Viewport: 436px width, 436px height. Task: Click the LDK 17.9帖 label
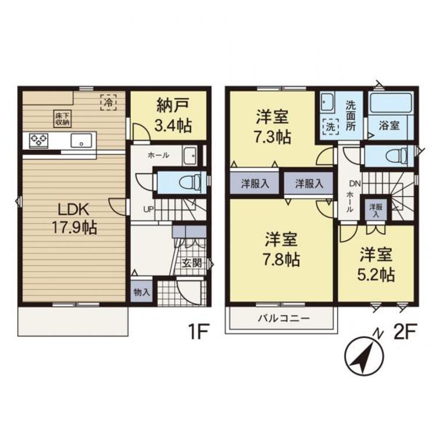(74, 219)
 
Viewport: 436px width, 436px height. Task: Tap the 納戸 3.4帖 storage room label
(173, 115)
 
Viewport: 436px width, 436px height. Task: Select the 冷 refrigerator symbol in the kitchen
(108, 102)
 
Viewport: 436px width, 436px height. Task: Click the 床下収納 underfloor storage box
(63, 119)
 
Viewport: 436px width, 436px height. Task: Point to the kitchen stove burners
(39, 141)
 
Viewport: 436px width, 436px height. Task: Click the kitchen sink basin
(81, 141)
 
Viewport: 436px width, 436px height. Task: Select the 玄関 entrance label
(192, 263)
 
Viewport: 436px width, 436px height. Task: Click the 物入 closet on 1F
(141, 292)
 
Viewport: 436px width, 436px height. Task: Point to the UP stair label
(149, 209)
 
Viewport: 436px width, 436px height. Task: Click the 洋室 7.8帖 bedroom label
(281, 249)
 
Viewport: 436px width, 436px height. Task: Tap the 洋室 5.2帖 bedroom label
(376, 264)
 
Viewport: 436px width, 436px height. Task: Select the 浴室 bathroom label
(389, 126)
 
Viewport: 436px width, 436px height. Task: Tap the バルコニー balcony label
(284, 318)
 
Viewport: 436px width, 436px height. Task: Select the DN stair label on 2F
(355, 183)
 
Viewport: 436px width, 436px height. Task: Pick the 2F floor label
(405, 332)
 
